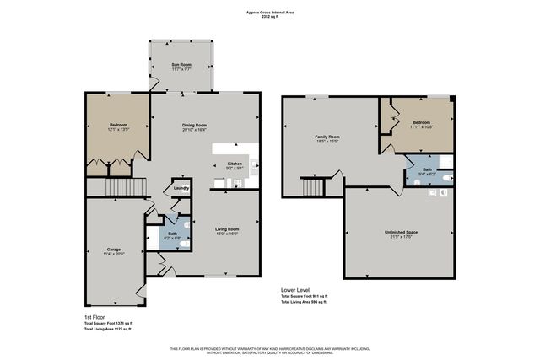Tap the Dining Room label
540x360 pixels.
[x=195, y=126]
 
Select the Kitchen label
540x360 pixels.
[x=235, y=163]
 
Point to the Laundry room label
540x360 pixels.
[x=181, y=189]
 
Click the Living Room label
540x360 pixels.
[x=227, y=229]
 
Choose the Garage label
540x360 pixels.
[x=113, y=250]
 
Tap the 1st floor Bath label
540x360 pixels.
[x=172, y=234]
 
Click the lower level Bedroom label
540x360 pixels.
[x=421, y=123]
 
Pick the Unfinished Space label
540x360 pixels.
[x=401, y=232]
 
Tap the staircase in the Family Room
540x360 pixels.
[x=315, y=186]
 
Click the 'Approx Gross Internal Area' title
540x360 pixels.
[x=270, y=13]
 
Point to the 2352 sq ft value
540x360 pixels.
[x=270, y=18]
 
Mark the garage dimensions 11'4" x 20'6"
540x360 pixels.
[x=113, y=255]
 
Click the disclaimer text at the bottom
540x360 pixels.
[x=270, y=350]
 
